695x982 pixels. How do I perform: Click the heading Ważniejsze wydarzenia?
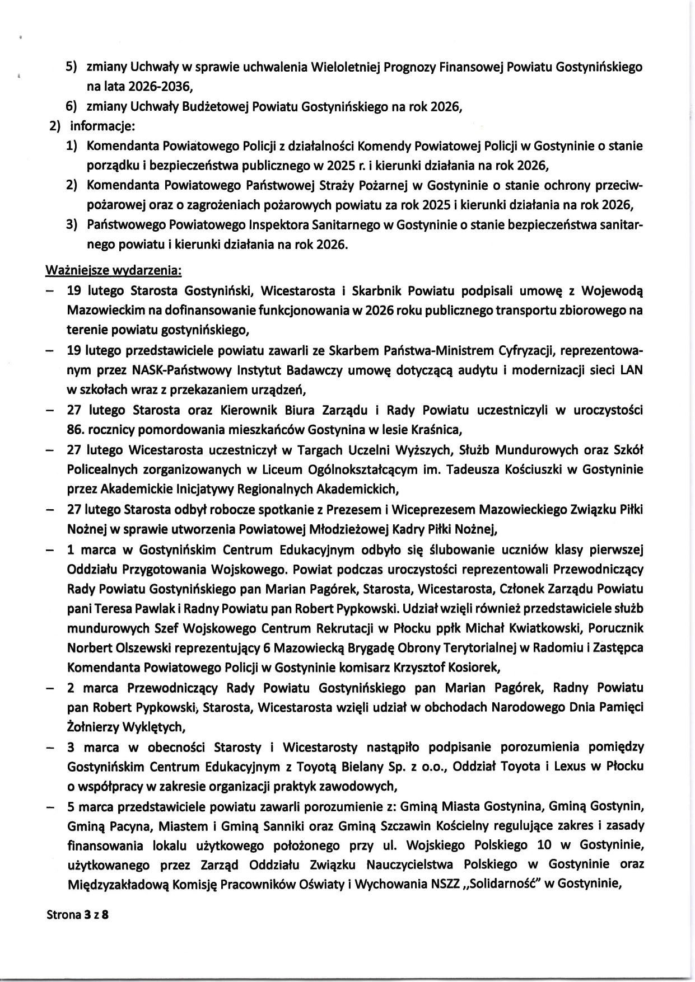[x=113, y=270]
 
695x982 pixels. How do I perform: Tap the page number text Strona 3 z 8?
[x=78, y=915]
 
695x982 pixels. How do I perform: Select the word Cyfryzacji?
[x=525, y=350]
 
